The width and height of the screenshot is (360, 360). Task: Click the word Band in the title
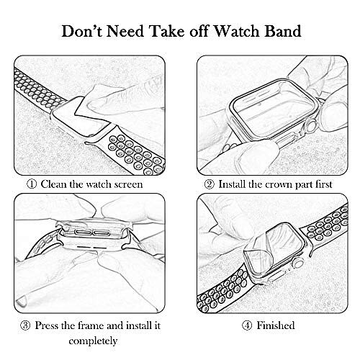click(283, 31)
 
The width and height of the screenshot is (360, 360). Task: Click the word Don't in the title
click(82, 31)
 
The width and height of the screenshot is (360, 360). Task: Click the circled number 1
click(32, 184)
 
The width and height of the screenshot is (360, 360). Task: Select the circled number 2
click(209, 184)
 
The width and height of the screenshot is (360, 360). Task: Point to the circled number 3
click(25, 325)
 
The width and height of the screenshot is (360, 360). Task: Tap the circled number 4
click(247, 325)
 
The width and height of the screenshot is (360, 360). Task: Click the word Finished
click(276, 325)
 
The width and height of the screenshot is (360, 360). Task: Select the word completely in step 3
click(93, 341)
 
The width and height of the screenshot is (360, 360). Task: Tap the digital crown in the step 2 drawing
click(310, 127)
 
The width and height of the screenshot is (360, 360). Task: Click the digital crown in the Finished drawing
click(298, 263)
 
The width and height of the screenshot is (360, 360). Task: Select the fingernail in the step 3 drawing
click(21, 301)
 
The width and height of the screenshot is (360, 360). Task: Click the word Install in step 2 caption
click(232, 184)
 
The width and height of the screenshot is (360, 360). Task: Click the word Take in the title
click(168, 31)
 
